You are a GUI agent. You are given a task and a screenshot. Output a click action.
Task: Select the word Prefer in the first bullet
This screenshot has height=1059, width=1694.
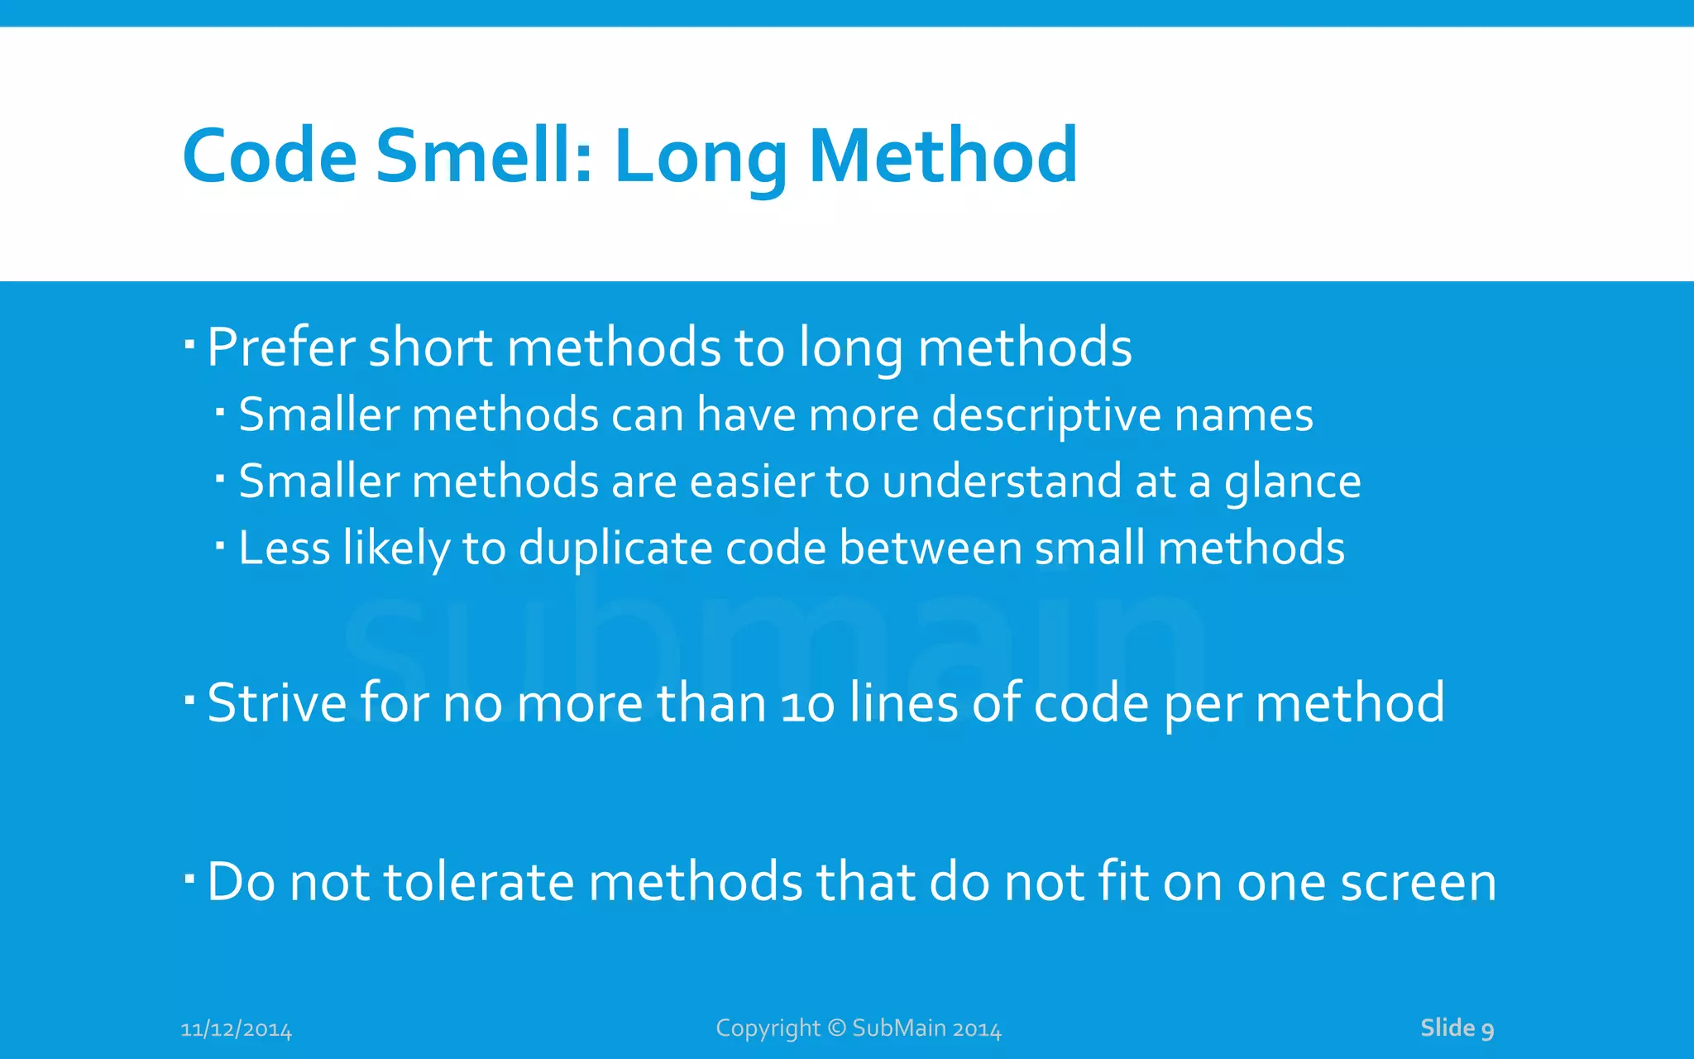point(280,347)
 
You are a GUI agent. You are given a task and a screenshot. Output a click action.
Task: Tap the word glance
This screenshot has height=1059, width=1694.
point(1292,483)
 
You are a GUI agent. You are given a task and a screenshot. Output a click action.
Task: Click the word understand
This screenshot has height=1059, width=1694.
point(1002,482)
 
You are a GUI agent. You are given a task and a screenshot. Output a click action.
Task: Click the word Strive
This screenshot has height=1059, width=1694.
point(276,703)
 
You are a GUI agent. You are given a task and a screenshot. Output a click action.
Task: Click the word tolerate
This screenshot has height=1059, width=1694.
point(479,882)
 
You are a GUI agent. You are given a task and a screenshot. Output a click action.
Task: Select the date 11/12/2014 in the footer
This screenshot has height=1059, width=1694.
point(236,1030)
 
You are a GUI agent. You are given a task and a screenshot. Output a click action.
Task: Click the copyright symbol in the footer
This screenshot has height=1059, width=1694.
point(837,1028)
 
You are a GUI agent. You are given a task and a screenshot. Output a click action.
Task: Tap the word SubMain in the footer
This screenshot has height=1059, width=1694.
point(899,1028)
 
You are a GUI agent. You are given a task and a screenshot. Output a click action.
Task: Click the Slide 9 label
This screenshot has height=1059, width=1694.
point(1457,1028)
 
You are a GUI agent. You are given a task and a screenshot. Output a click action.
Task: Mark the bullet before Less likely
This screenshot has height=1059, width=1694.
point(220,545)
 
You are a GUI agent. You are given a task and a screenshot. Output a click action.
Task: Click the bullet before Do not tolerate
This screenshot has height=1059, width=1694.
point(189,878)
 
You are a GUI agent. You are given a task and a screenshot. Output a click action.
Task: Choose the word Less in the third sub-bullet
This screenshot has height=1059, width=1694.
point(285,549)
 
